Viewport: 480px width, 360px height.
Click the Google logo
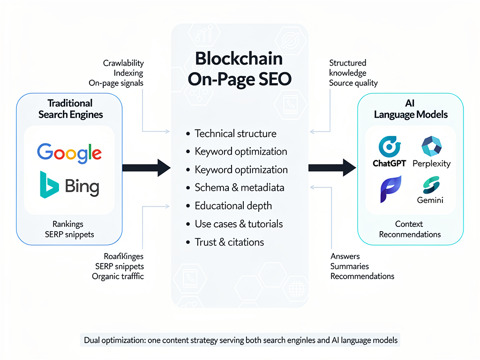pyautogui.click(x=69, y=152)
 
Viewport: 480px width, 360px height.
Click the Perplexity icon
pyautogui.click(x=431, y=147)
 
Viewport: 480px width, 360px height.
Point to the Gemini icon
pyautogui.click(x=430, y=185)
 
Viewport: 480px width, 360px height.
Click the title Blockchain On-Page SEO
pyautogui.click(x=239, y=69)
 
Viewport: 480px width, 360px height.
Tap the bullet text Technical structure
pyautogui.click(x=235, y=134)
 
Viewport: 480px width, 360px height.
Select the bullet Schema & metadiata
pyautogui.click(x=239, y=187)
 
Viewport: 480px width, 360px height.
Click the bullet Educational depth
pyautogui.click(x=233, y=206)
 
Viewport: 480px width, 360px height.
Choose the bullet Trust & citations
pyautogui.click(x=229, y=242)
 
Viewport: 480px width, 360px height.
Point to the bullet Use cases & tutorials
pyautogui.click(x=239, y=224)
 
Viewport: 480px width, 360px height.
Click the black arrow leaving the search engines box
pyautogui.click(x=146, y=167)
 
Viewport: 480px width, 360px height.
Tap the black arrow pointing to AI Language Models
pyautogui.click(x=332, y=167)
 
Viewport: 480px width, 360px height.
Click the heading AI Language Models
pyautogui.click(x=411, y=109)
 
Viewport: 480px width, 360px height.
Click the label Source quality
pyautogui.click(x=353, y=83)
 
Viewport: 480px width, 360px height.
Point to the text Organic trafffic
pyautogui.click(x=118, y=276)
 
